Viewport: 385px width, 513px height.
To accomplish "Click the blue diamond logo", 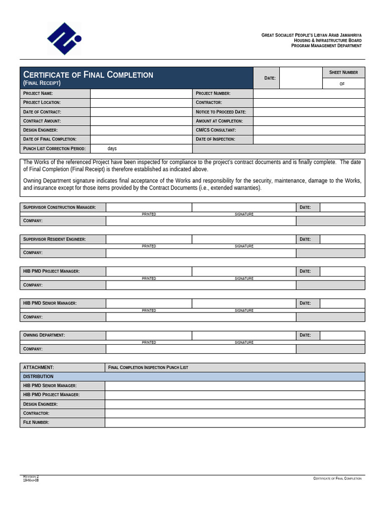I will pos(64,39).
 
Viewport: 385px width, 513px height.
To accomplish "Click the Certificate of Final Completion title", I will pos(88,75).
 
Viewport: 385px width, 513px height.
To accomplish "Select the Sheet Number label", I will pos(343,72).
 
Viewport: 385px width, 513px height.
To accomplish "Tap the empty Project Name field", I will pos(141,93).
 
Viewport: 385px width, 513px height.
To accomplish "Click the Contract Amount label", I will pos(42,121).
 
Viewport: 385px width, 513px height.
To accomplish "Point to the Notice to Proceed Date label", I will pos(221,112).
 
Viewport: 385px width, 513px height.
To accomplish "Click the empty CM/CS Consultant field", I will pos(309,130).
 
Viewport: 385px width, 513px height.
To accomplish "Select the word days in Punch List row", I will pos(112,149).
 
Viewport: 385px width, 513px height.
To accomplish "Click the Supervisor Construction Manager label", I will pos(60,207).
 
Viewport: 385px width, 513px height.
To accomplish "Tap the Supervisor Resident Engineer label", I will pos(55,239).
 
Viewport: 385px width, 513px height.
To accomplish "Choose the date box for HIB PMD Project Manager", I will pos(342,271).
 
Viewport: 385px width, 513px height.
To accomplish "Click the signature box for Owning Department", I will pos(244,335).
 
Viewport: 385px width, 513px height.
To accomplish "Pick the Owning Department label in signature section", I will pos(44,335).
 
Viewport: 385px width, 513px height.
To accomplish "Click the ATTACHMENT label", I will pos(39,367).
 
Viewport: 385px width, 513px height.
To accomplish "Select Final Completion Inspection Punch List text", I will pos(148,367).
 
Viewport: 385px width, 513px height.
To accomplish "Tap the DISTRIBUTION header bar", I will pos(192,376).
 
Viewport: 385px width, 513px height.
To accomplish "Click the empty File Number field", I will pos(235,422).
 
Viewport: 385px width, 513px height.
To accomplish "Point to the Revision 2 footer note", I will pos(31,477).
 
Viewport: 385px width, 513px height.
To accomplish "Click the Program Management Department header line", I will pos(326,46).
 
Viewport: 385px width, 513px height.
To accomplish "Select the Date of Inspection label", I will pos(216,139).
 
